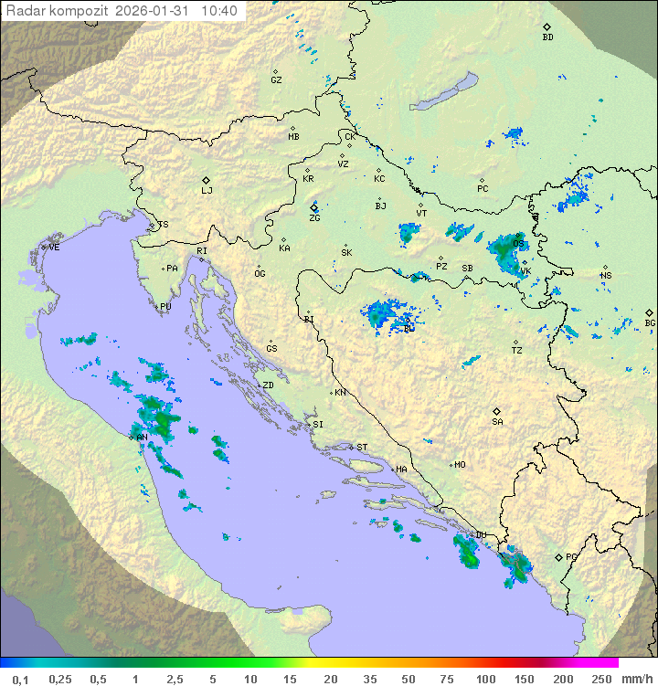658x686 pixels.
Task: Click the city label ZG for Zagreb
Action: tap(314, 218)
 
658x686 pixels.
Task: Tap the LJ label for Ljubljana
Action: tap(207, 191)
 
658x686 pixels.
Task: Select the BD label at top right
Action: tap(547, 37)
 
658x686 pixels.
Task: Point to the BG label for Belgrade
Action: tap(650, 322)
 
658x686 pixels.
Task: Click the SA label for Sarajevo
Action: tap(497, 422)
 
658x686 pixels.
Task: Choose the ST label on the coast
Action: tap(362, 448)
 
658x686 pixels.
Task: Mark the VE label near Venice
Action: tap(54, 248)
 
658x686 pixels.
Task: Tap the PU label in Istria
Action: tap(165, 307)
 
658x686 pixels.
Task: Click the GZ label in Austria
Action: tap(276, 80)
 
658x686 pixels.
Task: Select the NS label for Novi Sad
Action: tap(605, 277)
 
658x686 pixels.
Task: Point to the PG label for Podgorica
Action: tap(571, 556)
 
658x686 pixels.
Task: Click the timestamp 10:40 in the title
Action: tap(219, 11)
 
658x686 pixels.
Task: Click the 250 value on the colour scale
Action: tap(601, 679)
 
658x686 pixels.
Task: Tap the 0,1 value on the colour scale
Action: tap(20, 679)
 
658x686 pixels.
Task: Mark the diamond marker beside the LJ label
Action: tap(207, 180)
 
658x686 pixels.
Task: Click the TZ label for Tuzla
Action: tap(517, 350)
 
